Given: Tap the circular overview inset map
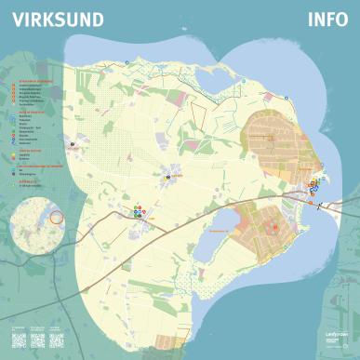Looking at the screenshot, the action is [x=36, y=224].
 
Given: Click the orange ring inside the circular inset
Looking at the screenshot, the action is [x=55, y=217].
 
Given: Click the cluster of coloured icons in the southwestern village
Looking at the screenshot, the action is [x=140, y=212].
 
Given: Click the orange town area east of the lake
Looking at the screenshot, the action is [x=265, y=228].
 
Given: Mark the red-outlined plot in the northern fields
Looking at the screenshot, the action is [x=198, y=110].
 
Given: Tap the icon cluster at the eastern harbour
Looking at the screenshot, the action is [x=313, y=192].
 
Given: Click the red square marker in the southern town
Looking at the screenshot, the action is [x=274, y=226].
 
